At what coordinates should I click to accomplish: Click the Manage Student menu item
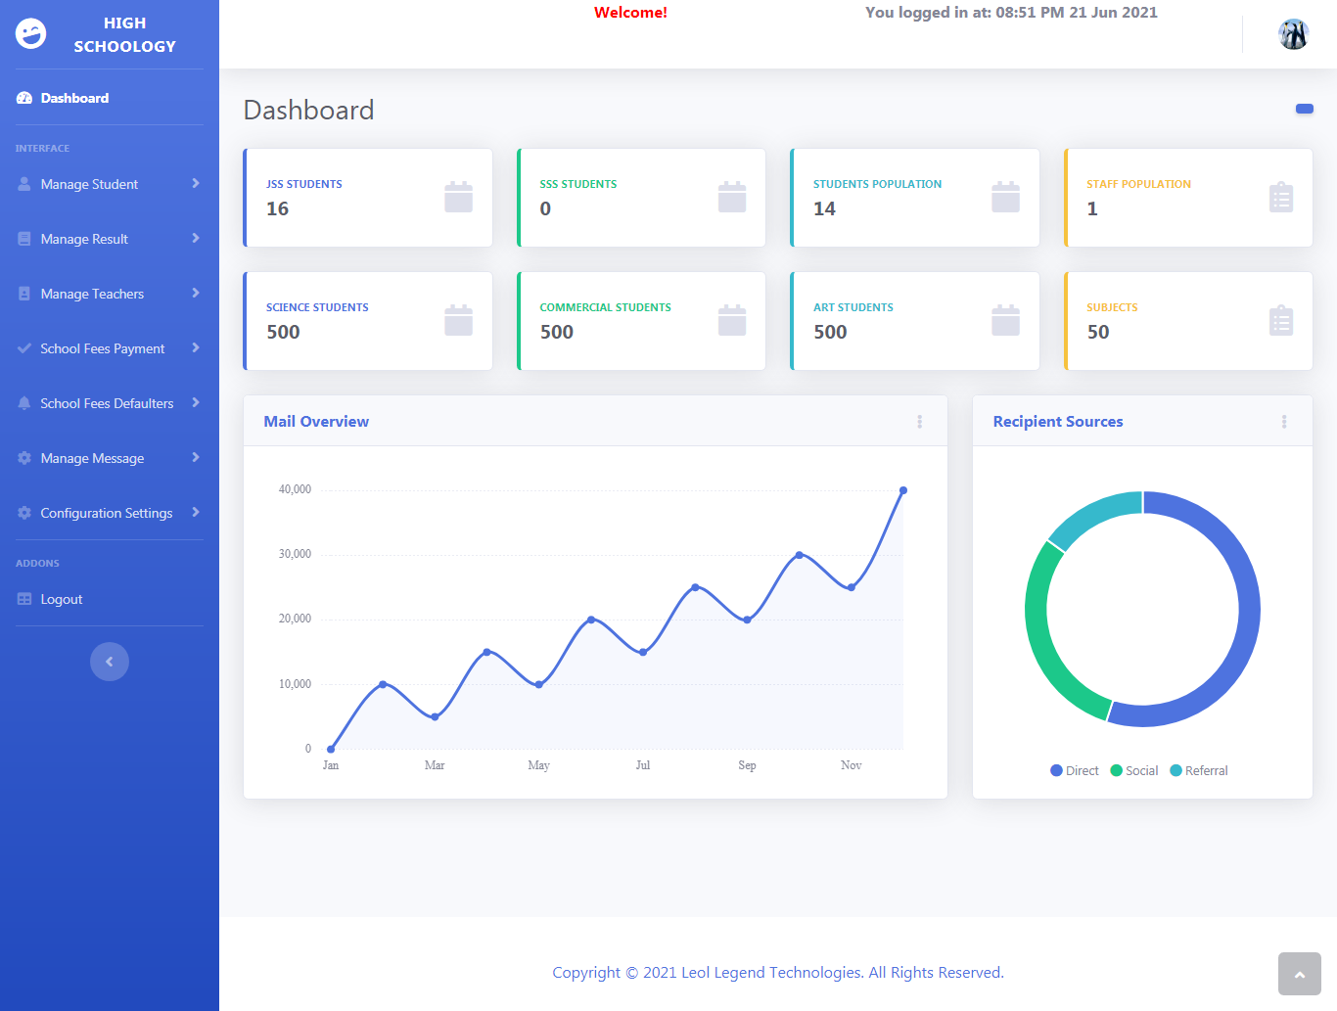(89, 184)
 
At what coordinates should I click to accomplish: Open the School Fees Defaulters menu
(107, 403)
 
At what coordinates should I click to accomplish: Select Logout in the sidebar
(61, 599)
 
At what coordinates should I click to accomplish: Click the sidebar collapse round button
(110, 662)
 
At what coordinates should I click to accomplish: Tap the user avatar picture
(1293, 34)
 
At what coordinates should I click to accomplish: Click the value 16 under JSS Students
(278, 208)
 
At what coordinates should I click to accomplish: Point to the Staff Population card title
(1138, 184)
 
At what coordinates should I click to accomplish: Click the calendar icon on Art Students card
(1005, 320)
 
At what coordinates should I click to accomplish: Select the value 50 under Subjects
(1098, 332)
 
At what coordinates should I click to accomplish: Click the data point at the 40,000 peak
(903, 490)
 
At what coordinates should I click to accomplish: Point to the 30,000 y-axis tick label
(295, 554)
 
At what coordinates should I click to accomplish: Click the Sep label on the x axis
(747, 765)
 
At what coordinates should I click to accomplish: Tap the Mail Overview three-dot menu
(919, 422)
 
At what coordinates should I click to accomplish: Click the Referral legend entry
(1199, 771)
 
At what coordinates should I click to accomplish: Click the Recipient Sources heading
(1058, 422)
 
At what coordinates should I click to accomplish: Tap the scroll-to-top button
(1299, 974)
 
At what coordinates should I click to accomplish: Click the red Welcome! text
(630, 13)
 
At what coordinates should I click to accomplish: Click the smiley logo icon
(31, 34)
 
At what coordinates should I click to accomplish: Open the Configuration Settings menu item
(106, 513)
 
